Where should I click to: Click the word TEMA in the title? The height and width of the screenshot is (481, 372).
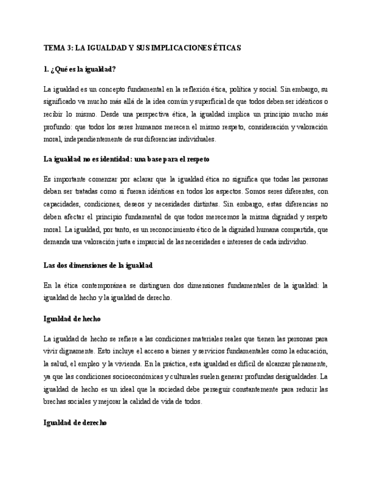53,48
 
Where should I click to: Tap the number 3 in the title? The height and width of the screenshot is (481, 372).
69,48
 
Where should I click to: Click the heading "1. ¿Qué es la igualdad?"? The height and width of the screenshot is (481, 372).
80,69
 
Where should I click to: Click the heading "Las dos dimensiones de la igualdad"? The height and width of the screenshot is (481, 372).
98,265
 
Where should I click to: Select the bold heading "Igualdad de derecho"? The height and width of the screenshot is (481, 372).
75,423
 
